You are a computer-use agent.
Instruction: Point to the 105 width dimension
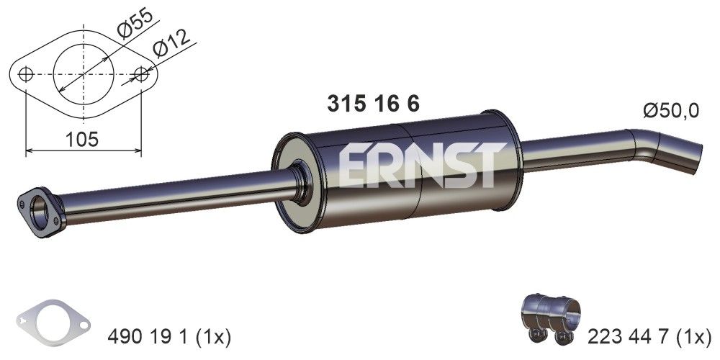pos(82,139)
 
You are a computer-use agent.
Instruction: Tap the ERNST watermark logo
pos(418,166)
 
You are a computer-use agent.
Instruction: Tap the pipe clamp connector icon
pos(551,320)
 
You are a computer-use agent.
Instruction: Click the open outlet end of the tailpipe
pos(692,159)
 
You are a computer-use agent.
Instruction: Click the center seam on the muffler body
pos(410,173)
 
